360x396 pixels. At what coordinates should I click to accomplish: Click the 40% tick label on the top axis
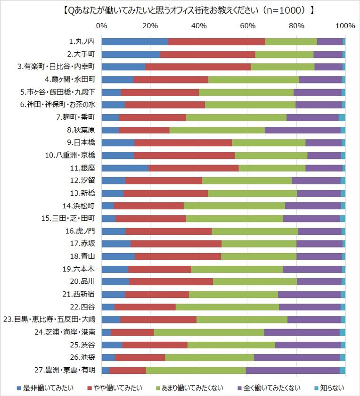199,25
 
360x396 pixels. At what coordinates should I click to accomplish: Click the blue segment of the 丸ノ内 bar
135,41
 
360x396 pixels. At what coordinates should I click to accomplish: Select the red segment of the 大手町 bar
207,54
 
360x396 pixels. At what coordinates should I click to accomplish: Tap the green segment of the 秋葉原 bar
217,130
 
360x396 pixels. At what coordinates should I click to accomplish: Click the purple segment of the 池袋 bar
297,357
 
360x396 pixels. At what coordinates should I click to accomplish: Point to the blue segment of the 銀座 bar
125,168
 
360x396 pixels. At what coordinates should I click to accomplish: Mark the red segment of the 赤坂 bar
176,243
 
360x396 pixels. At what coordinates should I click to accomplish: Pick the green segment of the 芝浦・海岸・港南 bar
209,332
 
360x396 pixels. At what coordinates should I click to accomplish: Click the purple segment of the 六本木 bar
312,269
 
